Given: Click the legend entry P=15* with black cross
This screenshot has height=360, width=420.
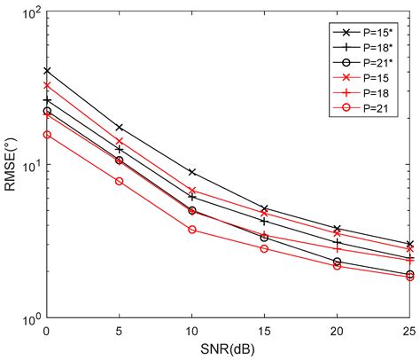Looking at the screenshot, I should click(363, 30).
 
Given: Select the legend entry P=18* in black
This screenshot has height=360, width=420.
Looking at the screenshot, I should click(363, 46).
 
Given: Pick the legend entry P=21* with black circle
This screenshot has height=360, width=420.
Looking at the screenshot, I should click(363, 62).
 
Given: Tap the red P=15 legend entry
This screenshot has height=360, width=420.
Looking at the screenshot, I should click(363, 78).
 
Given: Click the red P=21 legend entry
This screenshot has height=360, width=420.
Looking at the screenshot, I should click(363, 109).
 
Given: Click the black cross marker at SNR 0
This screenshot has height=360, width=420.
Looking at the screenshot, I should click(47, 71).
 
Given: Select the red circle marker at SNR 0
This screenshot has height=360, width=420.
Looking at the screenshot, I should click(47, 135).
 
